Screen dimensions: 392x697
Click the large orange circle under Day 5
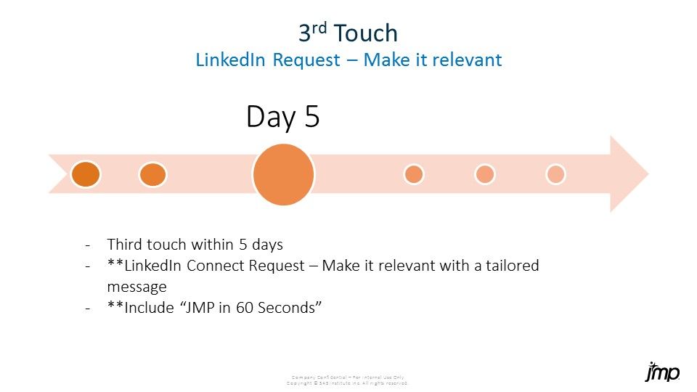pos(283,174)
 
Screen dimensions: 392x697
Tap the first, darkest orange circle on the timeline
pos(86,174)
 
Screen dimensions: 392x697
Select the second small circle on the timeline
pos(152,174)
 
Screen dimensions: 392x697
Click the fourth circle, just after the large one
pos(414,174)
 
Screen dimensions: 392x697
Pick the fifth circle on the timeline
pos(484,174)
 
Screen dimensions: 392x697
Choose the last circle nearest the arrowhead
pos(555,174)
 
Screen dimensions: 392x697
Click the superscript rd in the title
pos(322,28)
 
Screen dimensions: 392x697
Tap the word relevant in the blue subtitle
pos(467,60)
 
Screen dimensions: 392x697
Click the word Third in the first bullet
pos(125,244)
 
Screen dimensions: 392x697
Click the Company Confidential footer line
pos(348,377)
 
